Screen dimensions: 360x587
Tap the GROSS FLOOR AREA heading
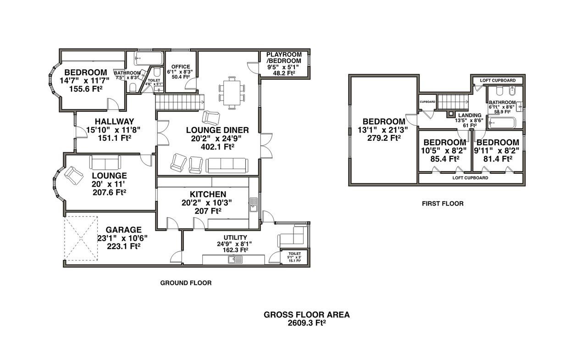coord(306,315)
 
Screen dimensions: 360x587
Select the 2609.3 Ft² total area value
coord(306,322)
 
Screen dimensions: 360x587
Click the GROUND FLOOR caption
coord(186,283)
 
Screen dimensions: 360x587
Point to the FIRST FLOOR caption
coord(443,203)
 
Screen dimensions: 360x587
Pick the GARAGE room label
coord(123,230)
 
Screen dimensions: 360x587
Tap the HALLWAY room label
coord(115,122)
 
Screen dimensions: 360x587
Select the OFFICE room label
coord(180,67)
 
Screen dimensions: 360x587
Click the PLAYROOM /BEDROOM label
coord(284,58)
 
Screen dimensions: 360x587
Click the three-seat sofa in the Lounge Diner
coord(227,165)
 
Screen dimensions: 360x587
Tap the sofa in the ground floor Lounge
coord(105,162)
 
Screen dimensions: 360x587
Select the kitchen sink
coord(253,205)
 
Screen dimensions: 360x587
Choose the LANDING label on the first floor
coord(470,115)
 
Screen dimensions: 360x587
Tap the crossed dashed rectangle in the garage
coord(82,237)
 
